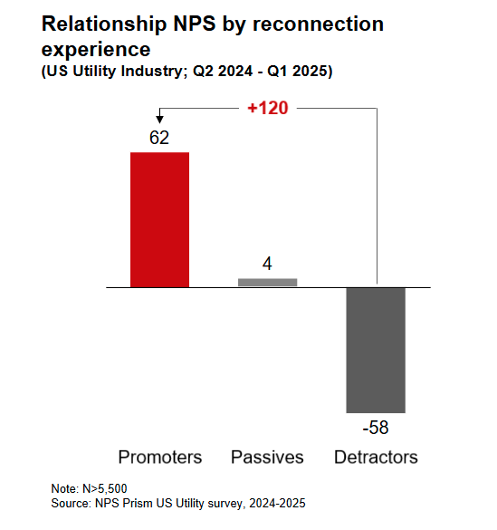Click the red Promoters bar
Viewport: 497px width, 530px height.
(x=160, y=219)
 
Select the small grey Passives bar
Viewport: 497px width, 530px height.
(x=267, y=282)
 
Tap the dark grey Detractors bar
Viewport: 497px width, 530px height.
(x=376, y=350)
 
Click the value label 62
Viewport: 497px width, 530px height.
(x=160, y=139)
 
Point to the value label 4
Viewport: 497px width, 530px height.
(x=267, y=265)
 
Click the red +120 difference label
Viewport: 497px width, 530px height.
(x=268, y=108)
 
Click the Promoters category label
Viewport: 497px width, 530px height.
(x=160, y=457)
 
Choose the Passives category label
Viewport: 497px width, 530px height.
(x=267, y=457)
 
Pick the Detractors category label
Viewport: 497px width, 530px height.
(x=376, y=457)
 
